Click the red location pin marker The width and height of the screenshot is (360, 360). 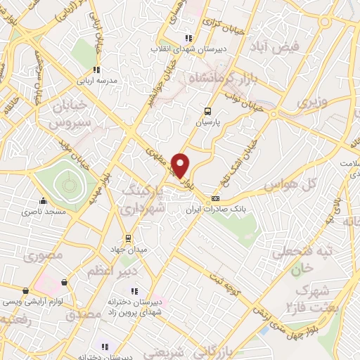(x=181, y=165)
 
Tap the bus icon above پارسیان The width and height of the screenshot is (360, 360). (x=207, y=111)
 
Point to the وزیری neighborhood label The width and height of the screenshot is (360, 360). (x=312, y=103)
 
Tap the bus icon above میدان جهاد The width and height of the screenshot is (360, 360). (x=127, y=238)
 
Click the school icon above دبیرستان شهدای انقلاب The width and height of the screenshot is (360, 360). (x=187, y=38)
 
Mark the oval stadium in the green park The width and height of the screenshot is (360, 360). (x=68, y=185)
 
